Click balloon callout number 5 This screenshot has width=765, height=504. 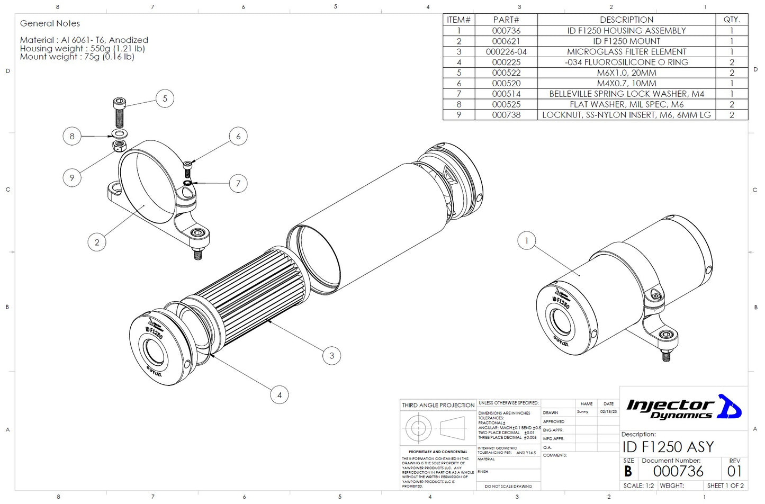click(165, 98)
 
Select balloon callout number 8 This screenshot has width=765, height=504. click(72, 136)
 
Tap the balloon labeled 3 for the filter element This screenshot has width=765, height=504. click(331, 356)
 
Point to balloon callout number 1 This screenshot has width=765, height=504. click(526, 241)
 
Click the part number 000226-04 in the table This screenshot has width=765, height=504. click(506, 52)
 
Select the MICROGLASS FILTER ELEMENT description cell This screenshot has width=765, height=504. click(626, 52)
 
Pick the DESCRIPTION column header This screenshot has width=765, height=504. click(626, 20)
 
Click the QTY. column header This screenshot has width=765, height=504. click(731, 20)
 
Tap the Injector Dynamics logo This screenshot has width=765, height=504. click(683, 408)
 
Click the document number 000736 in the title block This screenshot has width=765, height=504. click(678, 471)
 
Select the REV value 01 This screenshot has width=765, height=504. click(734, 471)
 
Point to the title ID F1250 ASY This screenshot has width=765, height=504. click(668, 447)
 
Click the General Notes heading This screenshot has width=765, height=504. click(50, 23)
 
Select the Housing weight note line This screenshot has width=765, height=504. click(82, 48)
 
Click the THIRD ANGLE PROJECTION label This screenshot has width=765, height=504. click(438, 406)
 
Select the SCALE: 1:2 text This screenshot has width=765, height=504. click(638, 485)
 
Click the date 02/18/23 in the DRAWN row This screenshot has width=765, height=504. click(608, 412)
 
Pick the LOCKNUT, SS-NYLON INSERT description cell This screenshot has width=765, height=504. click(626, 115)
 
